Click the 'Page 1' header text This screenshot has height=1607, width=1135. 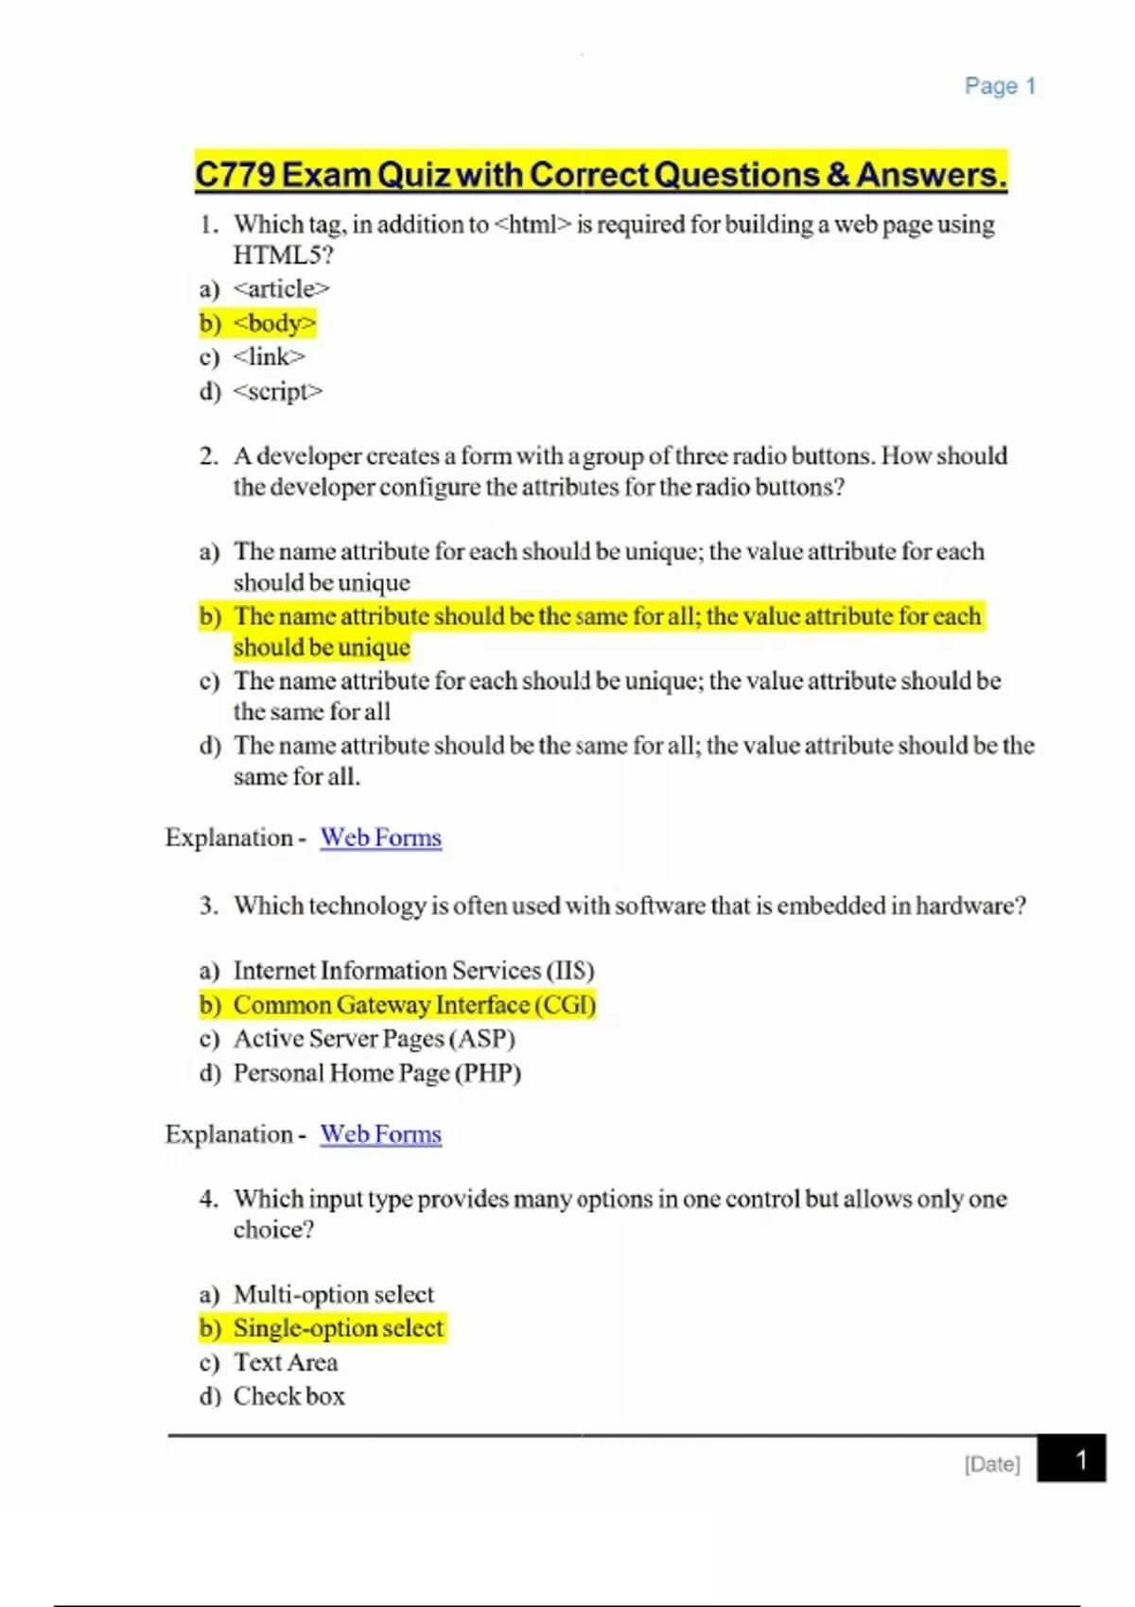point(1000,86)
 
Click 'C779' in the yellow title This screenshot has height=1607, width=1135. point(235,175)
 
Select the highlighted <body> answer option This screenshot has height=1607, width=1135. point(274,323)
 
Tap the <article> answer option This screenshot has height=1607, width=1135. point(281,288)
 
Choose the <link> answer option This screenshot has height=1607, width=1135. point(269,357)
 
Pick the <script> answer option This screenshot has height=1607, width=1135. point(277,391)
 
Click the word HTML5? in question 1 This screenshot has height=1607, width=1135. point(283,255)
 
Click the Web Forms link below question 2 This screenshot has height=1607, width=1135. point(380,838)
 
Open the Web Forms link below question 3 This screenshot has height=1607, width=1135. point(380,1134)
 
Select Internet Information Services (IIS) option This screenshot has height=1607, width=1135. point(413,971)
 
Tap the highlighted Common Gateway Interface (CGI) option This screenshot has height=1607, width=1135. point(414,1005)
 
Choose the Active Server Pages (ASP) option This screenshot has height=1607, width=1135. point(374,1039)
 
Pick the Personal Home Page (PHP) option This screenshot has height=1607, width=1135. point(376,1073)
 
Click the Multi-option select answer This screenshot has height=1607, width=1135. point(333,1294)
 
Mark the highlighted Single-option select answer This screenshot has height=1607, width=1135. point(338,1328)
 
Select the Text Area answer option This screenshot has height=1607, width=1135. point(285,1362)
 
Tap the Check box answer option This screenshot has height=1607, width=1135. point(288,1396)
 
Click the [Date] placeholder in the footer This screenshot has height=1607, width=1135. point(992,1464)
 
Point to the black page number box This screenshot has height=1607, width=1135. point(1072,1460)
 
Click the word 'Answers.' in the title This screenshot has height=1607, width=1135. point(931,175)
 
